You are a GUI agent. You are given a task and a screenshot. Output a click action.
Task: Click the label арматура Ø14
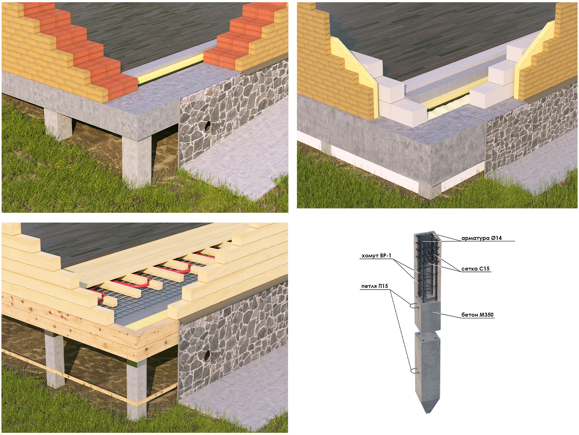pyautogui.click(x=481, y=238)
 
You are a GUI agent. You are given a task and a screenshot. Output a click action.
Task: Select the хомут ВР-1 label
pyautogui.click(x=376, y=256)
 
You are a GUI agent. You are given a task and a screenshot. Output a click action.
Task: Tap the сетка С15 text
pyautogui.click(x=476, y=269)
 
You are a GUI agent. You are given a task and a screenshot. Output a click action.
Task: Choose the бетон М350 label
pyautogui.click(x=477, y=315)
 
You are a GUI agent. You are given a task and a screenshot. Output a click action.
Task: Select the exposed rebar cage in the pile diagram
pyautogui.click(x=427, y=267)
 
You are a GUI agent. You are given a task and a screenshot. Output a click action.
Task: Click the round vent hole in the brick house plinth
pyautogui.click(x=208, y=127)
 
